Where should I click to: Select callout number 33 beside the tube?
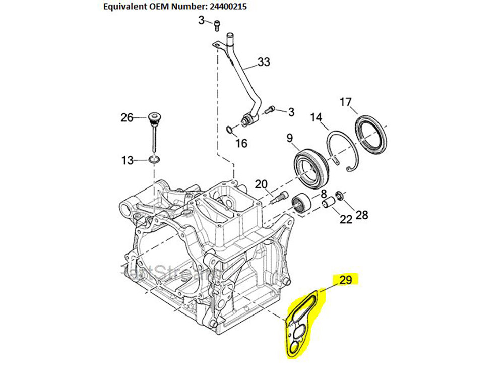click(x=264, y=62)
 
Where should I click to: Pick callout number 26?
click(x=127, y=118)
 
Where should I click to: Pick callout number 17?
click(x=345, y=102)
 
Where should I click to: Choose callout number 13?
click(x=127, y=160)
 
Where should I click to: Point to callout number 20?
click(x=261, y=184)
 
